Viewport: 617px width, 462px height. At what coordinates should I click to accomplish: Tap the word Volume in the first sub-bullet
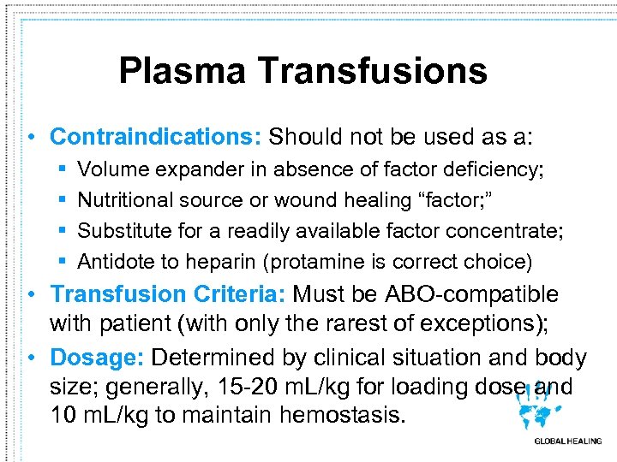[x=110, y=170]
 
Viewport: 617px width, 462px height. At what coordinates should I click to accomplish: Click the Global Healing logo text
[x=567, y=441]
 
